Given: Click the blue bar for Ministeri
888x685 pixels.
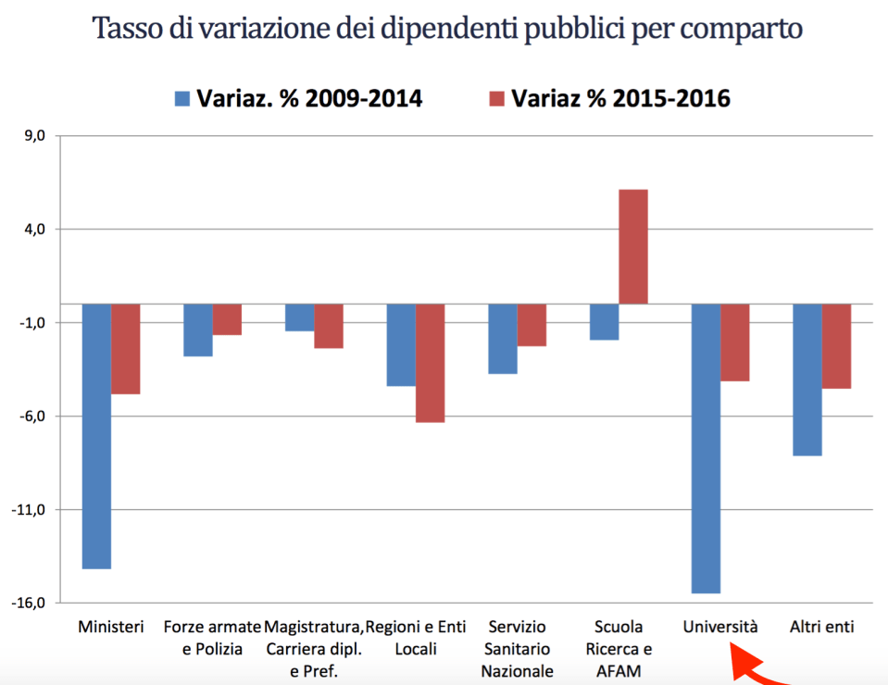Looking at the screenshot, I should pyautogui.click(x=96, y=436).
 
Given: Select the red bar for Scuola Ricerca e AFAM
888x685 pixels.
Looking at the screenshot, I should pyautogui.click(x=632, y=246).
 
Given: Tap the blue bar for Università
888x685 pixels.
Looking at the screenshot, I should pyautogui.click(x=706, y=448).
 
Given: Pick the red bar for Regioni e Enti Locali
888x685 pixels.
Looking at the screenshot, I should pyautogui.click(x=430, y=363).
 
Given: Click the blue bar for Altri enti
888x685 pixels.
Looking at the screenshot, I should pyautogui.click(x=807, y=380).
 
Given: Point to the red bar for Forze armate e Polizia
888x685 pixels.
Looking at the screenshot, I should pyautogui.click(x=227, y=319).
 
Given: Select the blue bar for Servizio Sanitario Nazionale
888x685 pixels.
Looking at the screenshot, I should pyautogui.click(x=503, y=339).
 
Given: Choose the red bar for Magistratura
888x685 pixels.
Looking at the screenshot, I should pyautogui.click(x=329, y=326).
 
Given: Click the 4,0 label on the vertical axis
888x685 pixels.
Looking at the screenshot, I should pyautogui.click(x=36, y=229).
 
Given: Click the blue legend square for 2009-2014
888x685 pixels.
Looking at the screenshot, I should pyautogui.click(x=181, y=98).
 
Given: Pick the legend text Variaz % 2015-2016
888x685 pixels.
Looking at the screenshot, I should pyautogui.click(x=621, y=98).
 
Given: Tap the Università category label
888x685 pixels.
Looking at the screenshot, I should pyautogui.click(x=720, y=627).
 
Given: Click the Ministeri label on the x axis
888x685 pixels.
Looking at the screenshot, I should pyautogui.click(x=111, y=627).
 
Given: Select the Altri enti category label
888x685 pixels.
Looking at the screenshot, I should pyautogui.click(x=821, y=627).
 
